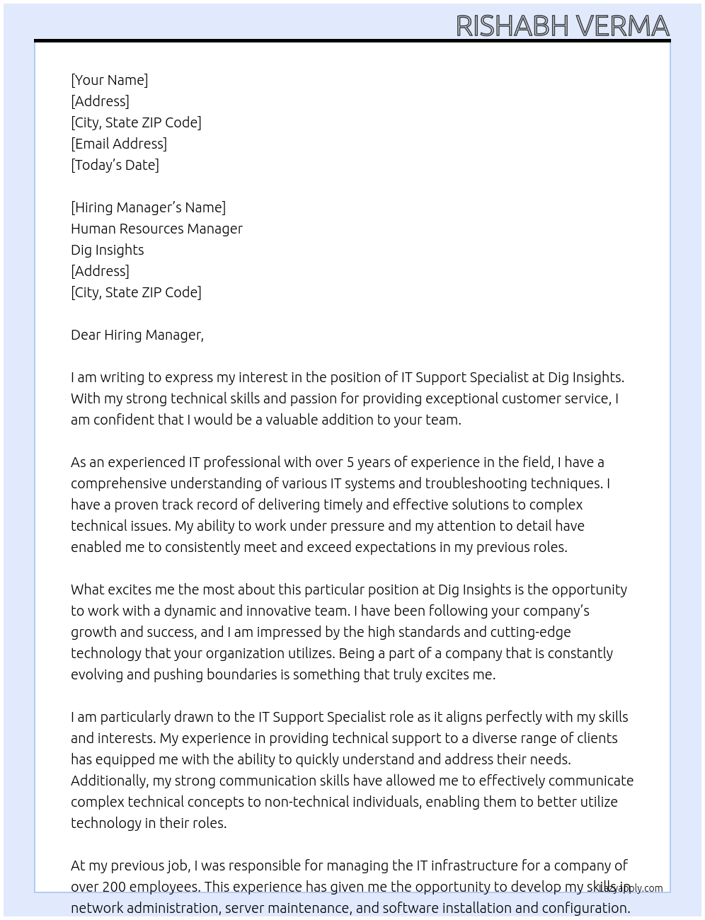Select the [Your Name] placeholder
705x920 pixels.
click(109, 80)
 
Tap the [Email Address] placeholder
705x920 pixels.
click(119, 144)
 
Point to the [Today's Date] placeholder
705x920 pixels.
click(115, 165)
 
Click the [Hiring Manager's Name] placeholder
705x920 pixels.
click(148, 207)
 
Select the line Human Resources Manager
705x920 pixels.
click(156, 229)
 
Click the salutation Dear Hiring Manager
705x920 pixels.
click(137, 335)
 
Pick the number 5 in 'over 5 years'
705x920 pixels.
click(350, 462)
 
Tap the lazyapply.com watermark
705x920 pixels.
click(631, 888)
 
